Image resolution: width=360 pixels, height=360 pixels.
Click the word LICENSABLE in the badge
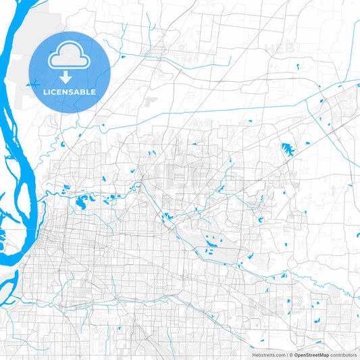click(70, 92)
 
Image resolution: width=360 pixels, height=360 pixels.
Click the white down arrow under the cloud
click(69, 78)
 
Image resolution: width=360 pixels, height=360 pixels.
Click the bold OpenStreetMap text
click(311, 354)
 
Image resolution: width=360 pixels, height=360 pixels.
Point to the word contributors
click(343, 354)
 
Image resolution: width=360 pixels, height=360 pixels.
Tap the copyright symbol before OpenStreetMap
click(291, 354)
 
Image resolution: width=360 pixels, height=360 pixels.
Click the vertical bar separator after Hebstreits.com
click(286, 354)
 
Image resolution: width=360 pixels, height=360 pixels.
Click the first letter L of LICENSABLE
click(46, 92)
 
